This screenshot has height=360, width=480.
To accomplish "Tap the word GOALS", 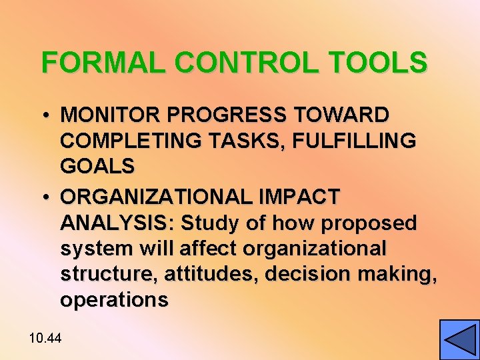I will click(x=97, y=166).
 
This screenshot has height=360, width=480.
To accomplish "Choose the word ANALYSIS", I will click(x=117, y=223).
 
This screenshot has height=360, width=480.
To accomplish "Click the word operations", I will click(x=114, y=300).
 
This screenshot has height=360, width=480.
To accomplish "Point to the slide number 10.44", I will click(x=45, y=339).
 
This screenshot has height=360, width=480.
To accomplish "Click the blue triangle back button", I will click(x=459, y=340).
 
